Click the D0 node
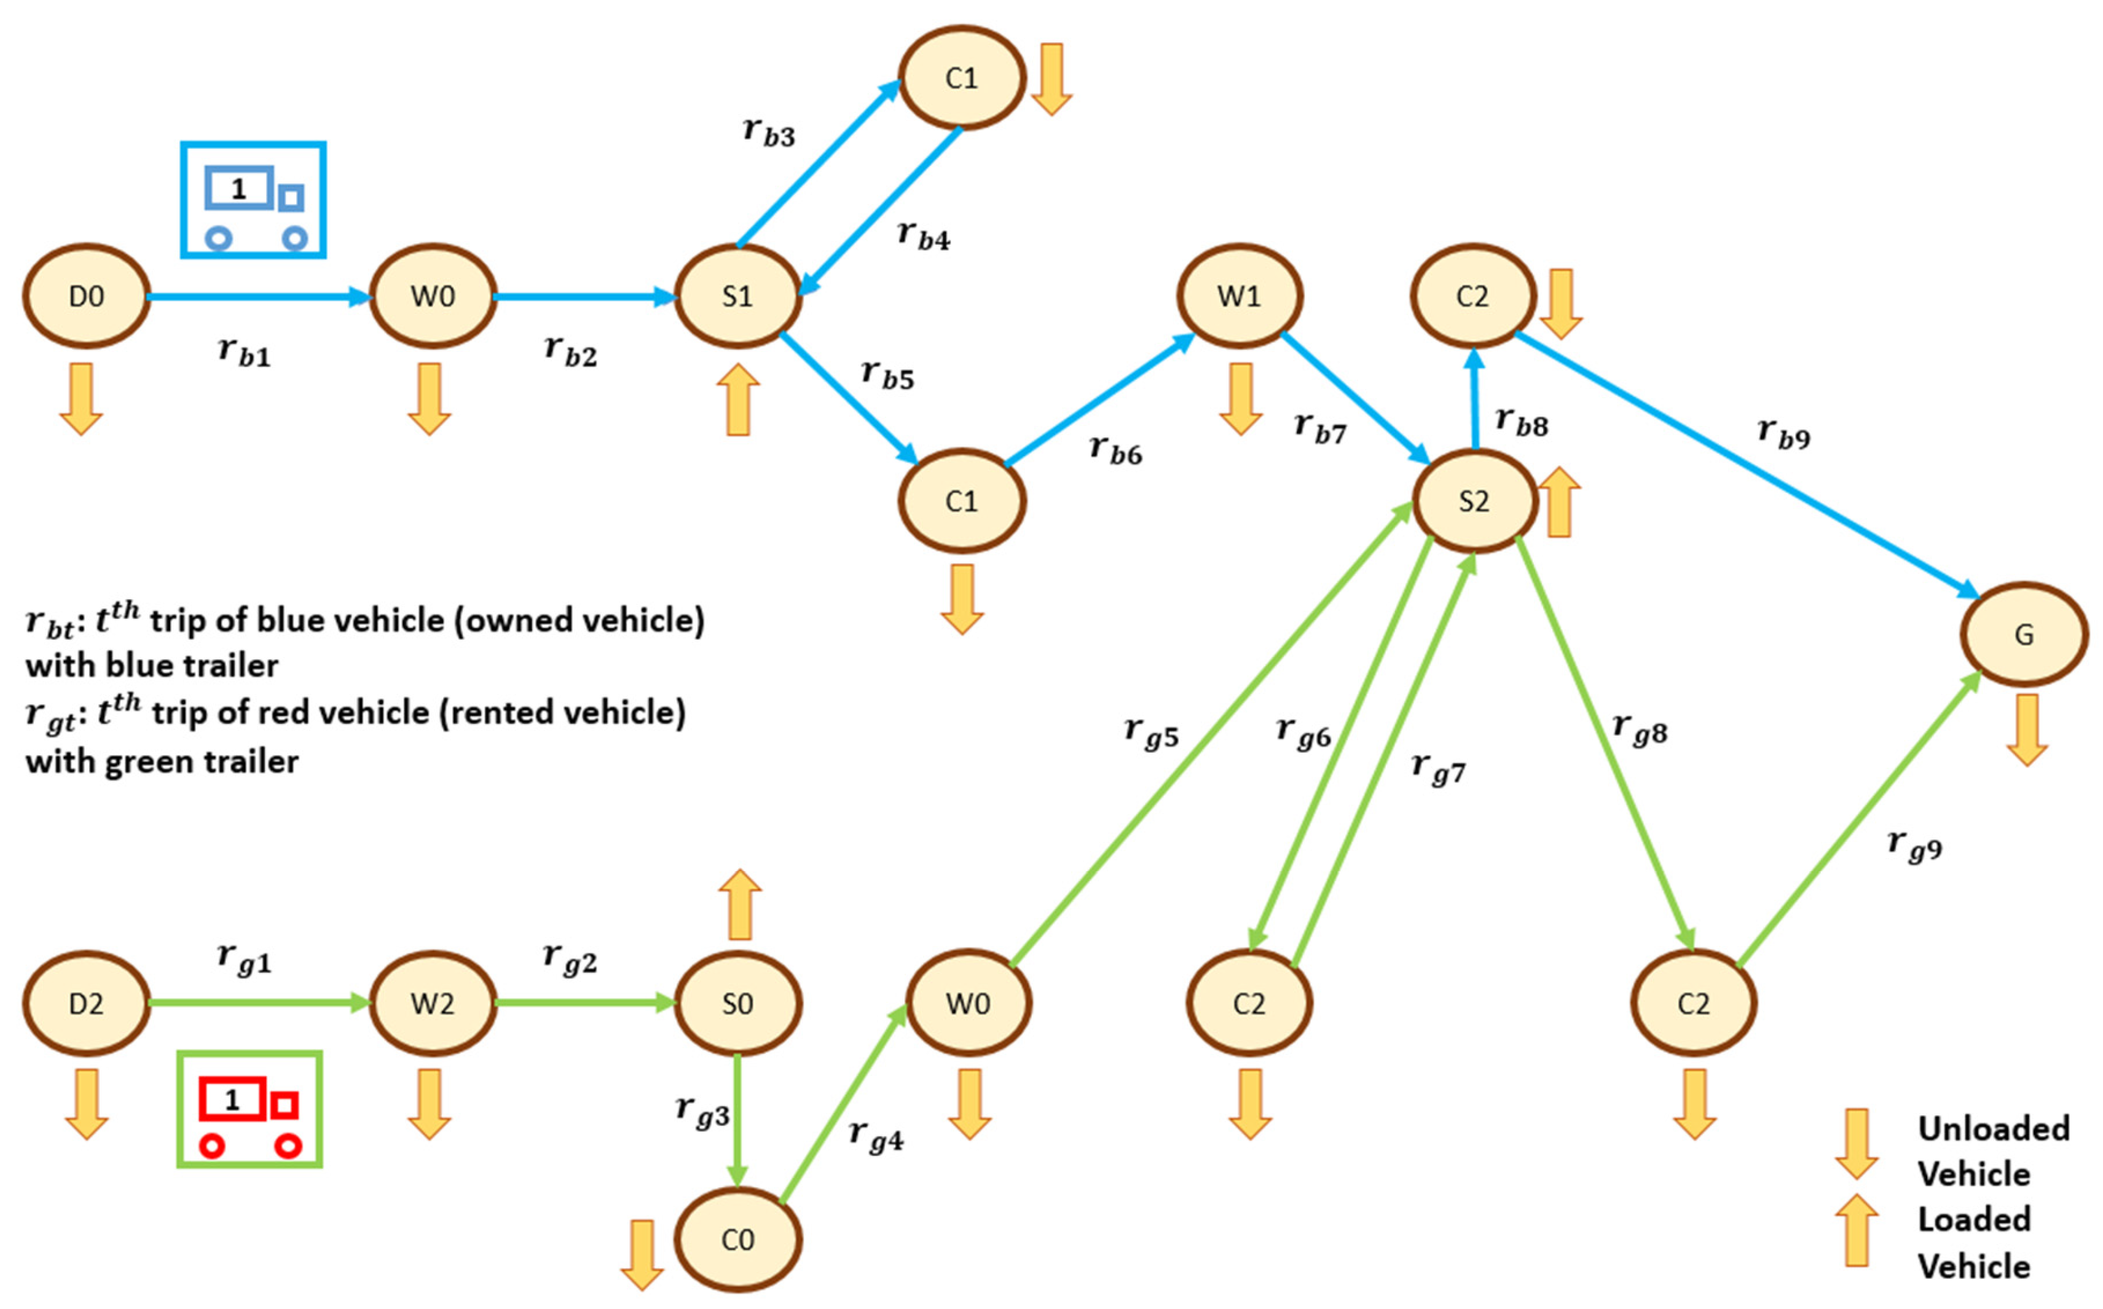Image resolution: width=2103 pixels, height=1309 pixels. [x=85, y=296]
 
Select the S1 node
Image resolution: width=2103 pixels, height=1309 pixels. [x=737, y=296]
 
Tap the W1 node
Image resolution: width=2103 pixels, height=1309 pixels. [x=1239, y=296]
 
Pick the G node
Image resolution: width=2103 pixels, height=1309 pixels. [x=2023, y=635]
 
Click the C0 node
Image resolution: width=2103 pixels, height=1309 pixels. [x=737, y=1240]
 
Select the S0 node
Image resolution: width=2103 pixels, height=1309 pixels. [x=737, y=1004]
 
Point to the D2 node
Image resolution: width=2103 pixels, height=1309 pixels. [x=85, y=1004]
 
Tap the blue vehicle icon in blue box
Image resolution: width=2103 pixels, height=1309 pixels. [x=253, y=200]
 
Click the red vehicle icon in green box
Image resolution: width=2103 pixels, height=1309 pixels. [x=250, y=1110]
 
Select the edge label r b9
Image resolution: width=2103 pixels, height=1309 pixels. [x=1783, y=433]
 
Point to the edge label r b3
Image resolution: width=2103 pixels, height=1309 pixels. [x=769, y=132]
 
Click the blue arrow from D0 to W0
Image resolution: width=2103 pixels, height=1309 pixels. [x=260, y=297]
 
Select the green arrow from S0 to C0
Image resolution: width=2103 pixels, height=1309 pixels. [x=737, y=1121]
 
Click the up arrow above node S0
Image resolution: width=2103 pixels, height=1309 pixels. [x=739, y=905]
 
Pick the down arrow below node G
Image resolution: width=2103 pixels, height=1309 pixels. [x=2027, y=729]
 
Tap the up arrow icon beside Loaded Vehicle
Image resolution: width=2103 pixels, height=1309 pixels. [x=1856, y=1229]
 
